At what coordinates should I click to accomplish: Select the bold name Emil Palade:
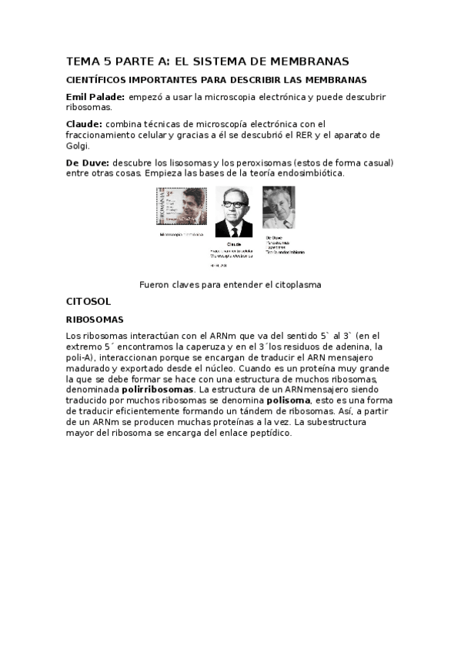pos(95,97)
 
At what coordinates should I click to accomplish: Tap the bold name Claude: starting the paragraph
pos(84,123)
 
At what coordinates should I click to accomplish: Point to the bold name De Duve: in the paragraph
pos(88,162)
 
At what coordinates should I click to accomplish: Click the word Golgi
pos(79,146)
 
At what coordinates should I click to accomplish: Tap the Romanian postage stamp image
pos(182,206)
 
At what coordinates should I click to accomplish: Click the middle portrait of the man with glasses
pos(234,212)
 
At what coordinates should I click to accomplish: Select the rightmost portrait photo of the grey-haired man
pos(279,207)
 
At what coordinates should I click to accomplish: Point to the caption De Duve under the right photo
pos(274,237)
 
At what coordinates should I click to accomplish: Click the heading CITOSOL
pos(89,301)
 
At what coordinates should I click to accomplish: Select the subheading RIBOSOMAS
pos(95,319)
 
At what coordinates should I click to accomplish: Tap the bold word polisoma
pos(286,400)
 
